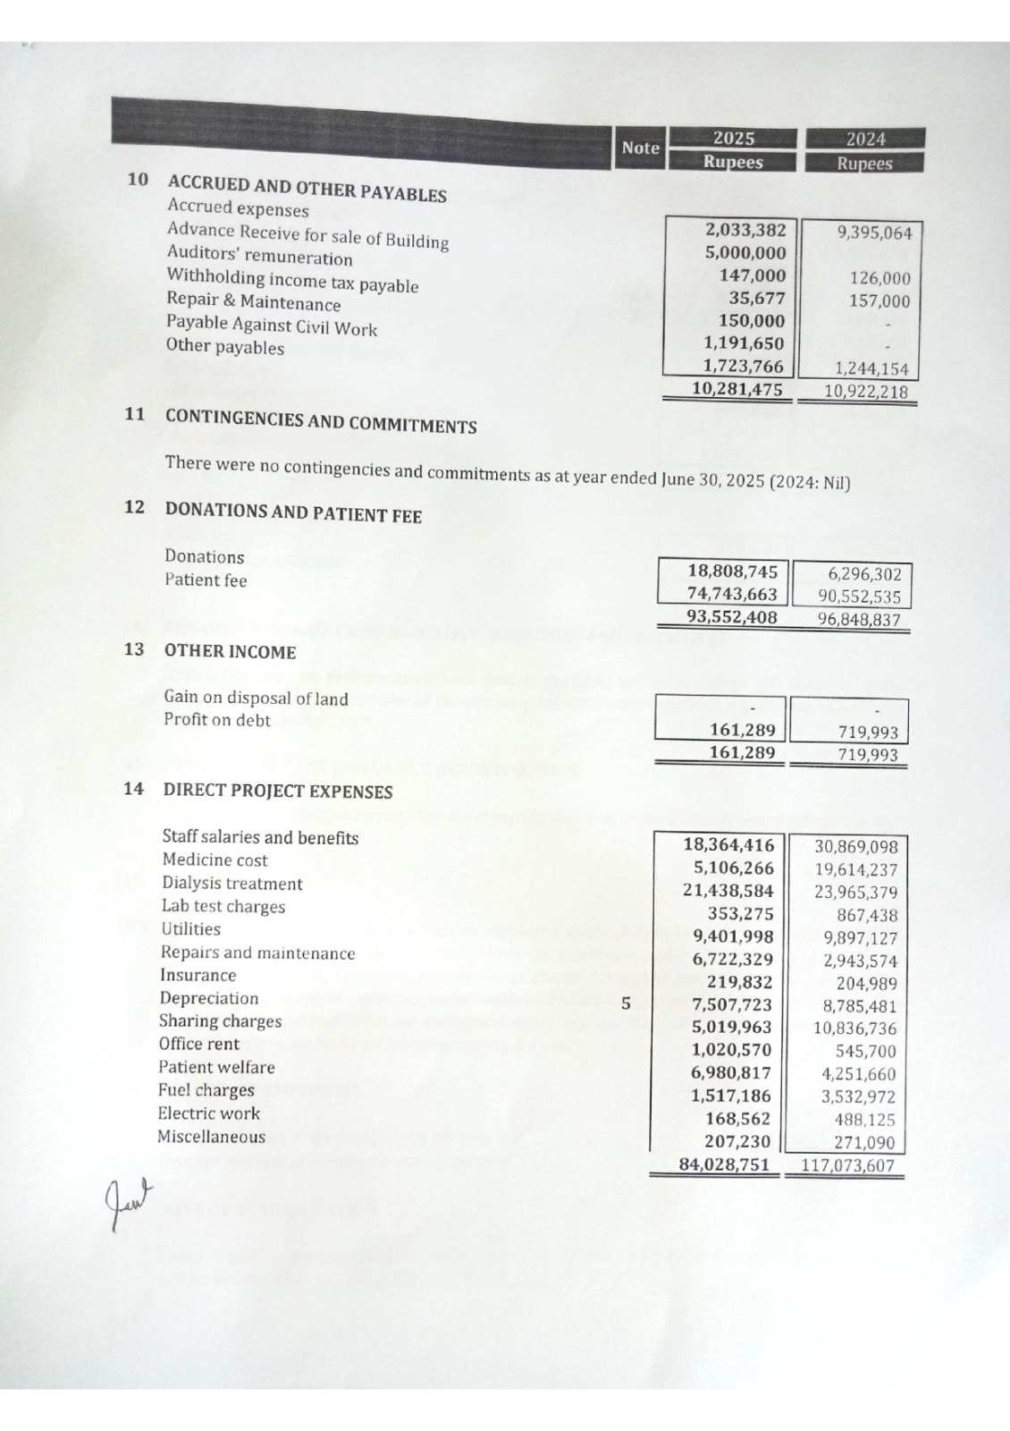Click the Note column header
coord(640,148)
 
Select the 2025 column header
coord(733,139)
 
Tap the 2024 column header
coord(864,140)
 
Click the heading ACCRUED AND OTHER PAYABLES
coord(307,189)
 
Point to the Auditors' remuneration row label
coord(259,256)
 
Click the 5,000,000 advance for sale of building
coord(745,253)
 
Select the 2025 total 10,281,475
coord(737,389)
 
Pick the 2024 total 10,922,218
coord(864,392)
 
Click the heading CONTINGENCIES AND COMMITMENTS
coord(320,420)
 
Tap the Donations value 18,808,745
coord(732,572)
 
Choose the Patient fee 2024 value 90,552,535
coord(859,597)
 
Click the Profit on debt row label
coord(216,720)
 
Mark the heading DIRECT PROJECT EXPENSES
coord(277,791)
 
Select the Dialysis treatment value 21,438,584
coord(728,891)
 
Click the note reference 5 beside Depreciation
coord(626,1003)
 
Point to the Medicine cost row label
coord(215,860)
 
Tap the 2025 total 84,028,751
coord(724,1164)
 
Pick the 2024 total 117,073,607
coord(846,1165)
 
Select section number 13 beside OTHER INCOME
coord(134,649)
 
